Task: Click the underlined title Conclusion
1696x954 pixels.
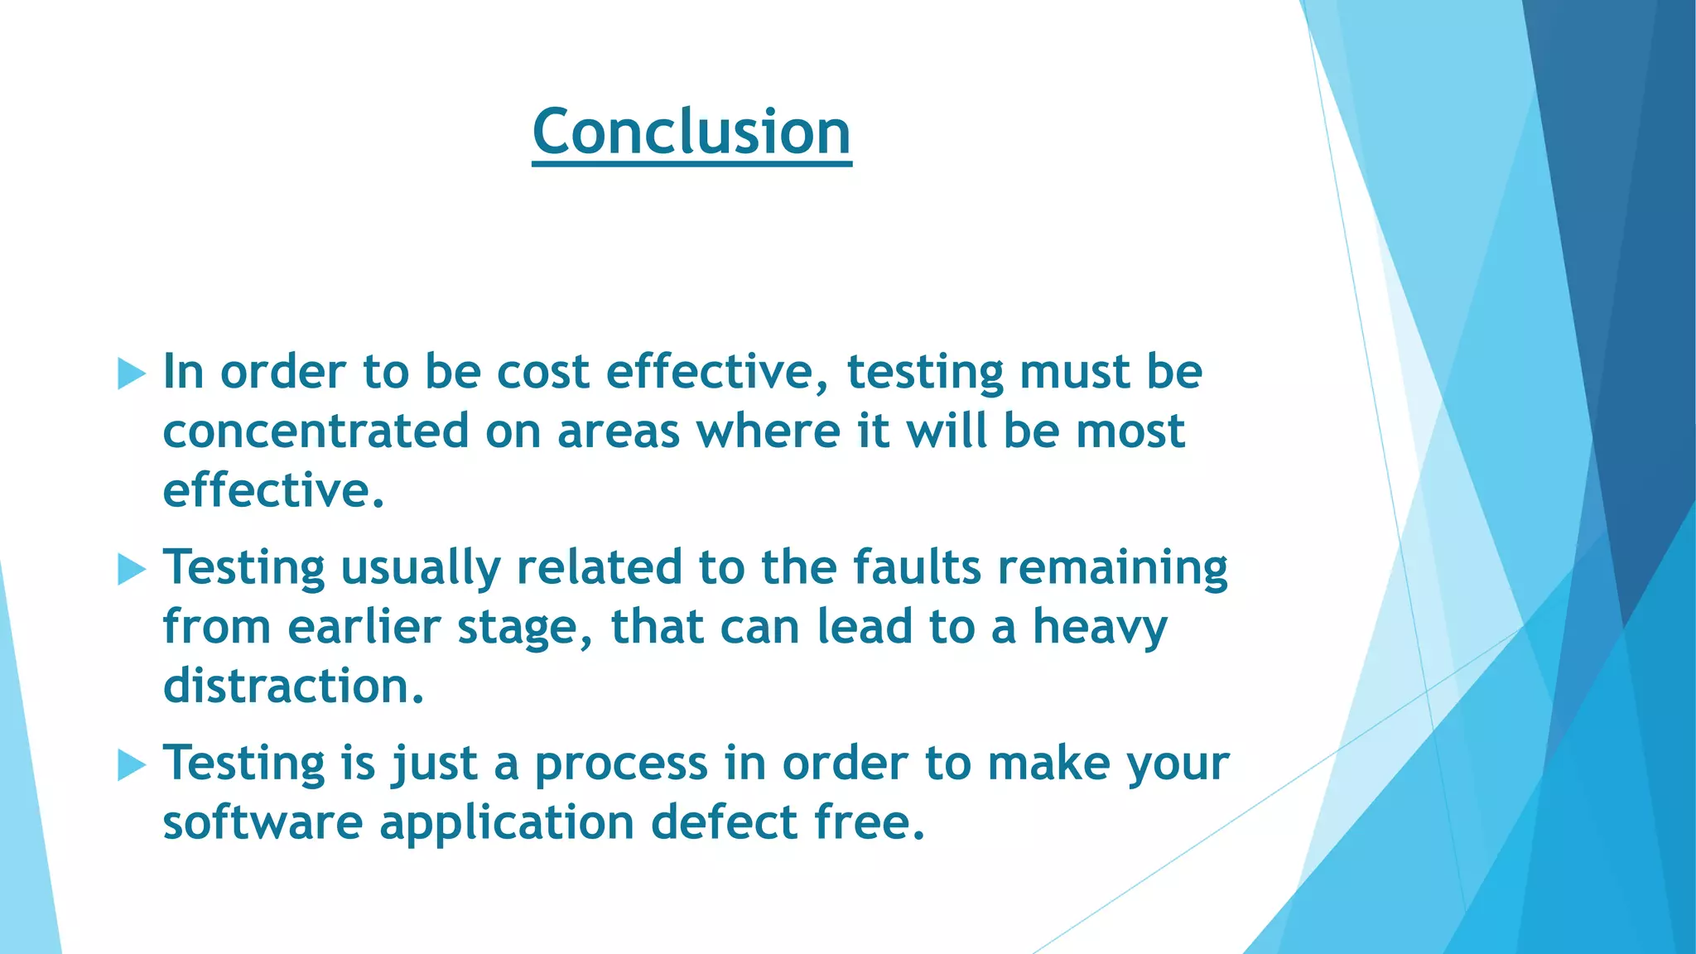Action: tap(691, 132)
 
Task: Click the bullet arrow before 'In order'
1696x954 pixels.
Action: tap(132, 373)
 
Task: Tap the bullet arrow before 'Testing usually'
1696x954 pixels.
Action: tap(132, 569)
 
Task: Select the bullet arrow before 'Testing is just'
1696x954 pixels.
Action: tap(132, 764)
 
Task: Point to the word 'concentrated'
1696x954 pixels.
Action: tap(316, 431)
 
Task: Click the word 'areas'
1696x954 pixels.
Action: tap(618, 431)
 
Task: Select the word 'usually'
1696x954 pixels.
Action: tap(421, 569)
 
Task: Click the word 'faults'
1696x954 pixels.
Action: tap(917, 567)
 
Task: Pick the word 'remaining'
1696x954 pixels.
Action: tap(1112, 569)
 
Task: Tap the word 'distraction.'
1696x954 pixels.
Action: tap(293, 686)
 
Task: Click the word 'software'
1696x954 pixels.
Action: tap(263, 822)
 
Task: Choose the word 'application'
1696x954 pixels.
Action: tap(507, 824)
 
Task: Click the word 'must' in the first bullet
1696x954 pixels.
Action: tap(1074, 372)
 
